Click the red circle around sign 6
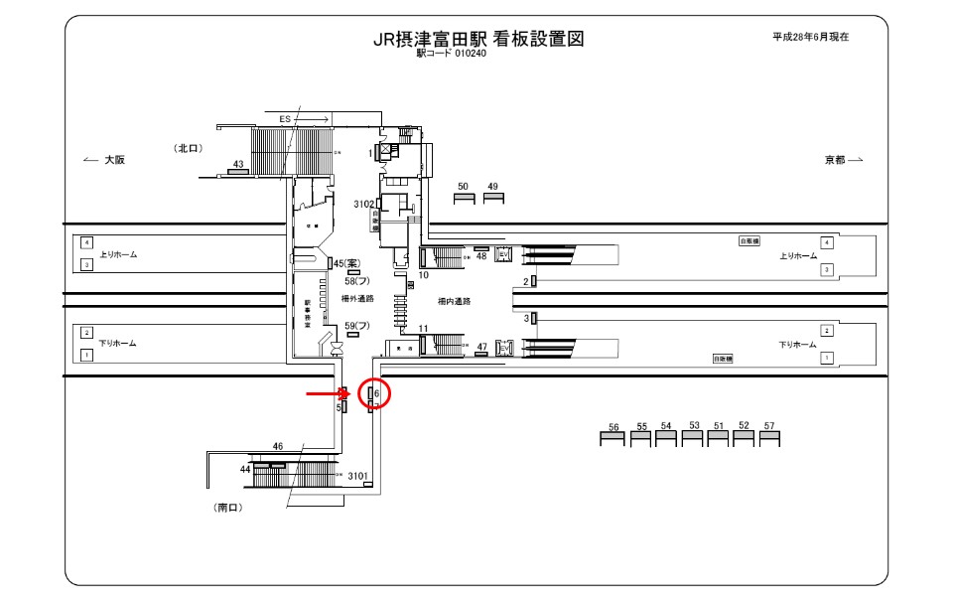pos(375,393)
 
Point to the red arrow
pos(326,394)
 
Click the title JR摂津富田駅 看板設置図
pos(476,39)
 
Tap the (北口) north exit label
pos(189,148)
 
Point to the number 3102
pos(363,204)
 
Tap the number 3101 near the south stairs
pos(358,477)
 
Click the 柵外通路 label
pos(357,298)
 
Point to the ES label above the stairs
pos(285,119)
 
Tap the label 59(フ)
pos(356,326)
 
